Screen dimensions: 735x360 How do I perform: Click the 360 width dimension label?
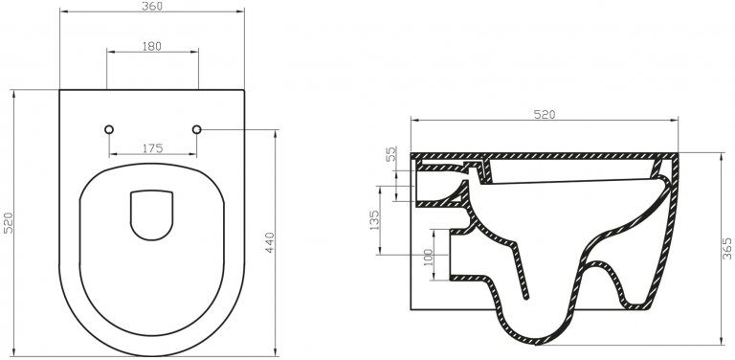[x=152, y=6]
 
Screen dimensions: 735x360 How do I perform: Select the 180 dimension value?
[x=151, y=46]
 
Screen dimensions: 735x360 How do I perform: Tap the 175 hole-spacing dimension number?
[x=153, y=148]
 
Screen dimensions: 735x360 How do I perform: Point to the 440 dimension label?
[x=270, y=242]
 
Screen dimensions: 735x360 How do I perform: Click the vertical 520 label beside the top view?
[x=9, y=223]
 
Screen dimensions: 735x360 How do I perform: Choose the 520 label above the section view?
[x=545, y=115]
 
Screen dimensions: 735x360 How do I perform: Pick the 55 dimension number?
[x=391, y=154]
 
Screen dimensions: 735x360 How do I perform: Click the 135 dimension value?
[x=374, y=220]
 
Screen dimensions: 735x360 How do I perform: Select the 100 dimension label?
[x=428, y=258]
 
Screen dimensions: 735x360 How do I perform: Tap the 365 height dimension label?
[x=726, y=248]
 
